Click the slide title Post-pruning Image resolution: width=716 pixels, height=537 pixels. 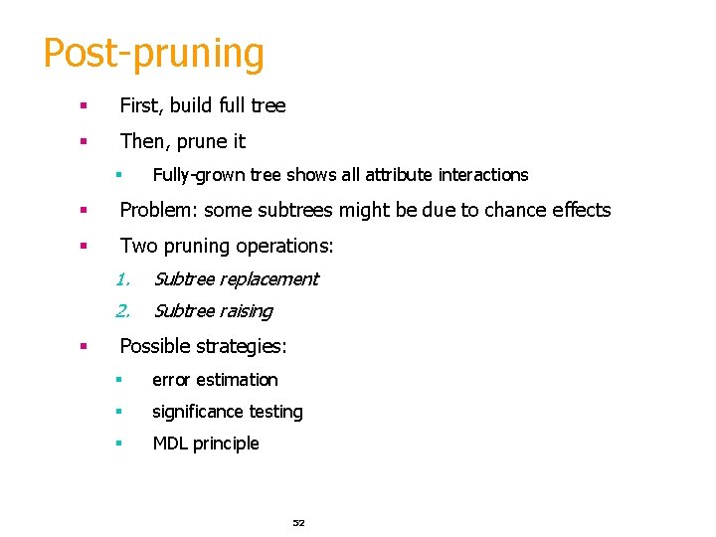coord(153,53)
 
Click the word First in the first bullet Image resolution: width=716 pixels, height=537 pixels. coord(139,105)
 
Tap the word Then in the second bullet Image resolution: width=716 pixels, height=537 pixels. coord(142,141)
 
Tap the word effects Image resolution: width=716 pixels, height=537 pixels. coord(579,210)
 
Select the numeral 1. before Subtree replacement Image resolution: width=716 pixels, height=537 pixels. coord(123,278)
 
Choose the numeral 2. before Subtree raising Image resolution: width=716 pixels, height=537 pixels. coord(123,311)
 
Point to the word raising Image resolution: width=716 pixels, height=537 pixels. coord(248,311)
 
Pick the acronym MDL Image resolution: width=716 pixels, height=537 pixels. coord(171,444)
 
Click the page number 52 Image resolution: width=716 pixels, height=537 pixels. coord(298,522)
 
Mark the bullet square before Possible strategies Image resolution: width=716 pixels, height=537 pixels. coord(85,347)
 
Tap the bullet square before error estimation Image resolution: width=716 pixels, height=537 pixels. coord(117,380)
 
